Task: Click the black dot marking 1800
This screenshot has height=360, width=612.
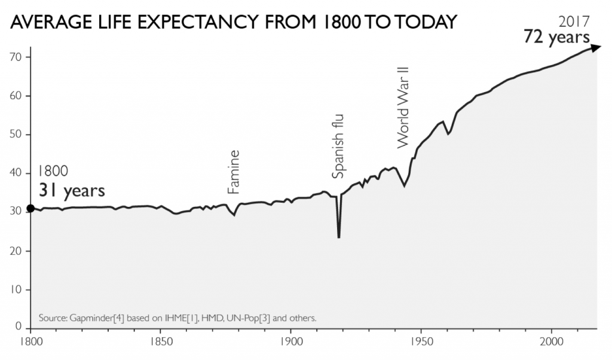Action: pos(30,209)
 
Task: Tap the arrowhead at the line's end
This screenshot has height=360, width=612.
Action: pos(596,47)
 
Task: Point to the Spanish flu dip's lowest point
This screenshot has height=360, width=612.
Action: pos(339,237)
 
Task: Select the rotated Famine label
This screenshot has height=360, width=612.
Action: pos(234,172)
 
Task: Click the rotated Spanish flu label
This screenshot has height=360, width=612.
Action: pos(338,146)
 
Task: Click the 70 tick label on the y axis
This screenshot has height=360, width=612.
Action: pos(16,57)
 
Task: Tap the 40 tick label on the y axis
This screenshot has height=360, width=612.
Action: pos(16,173)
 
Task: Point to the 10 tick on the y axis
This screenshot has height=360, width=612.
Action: pos(16,289)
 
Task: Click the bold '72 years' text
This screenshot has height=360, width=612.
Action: pos(556,37)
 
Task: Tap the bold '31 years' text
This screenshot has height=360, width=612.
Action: pos(72,191)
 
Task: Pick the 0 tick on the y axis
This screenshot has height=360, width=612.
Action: pos(19,328)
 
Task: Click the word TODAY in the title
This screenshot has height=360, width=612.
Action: pos(422,22)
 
